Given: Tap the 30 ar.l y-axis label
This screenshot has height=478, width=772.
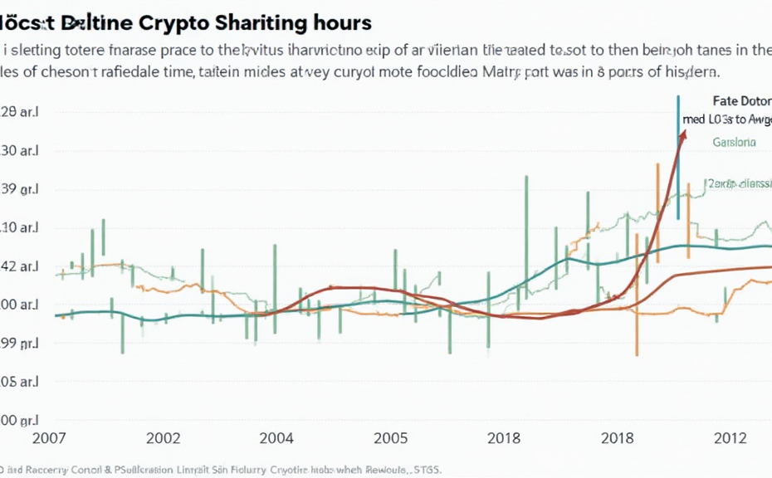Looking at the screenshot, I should point(20,151).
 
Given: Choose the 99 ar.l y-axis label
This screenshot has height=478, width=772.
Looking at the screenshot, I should point(20,343).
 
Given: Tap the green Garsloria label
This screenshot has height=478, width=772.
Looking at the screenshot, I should point(734,142).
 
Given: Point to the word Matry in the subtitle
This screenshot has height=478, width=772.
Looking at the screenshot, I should point(502,72).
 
